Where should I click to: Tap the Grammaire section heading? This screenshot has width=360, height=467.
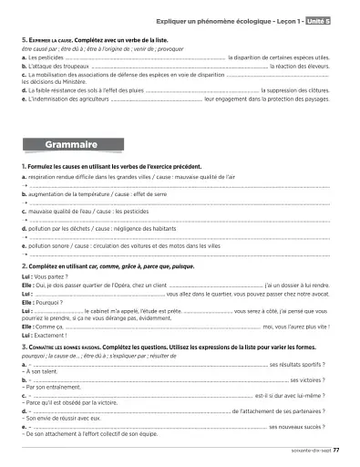click(x=74, y=144)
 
